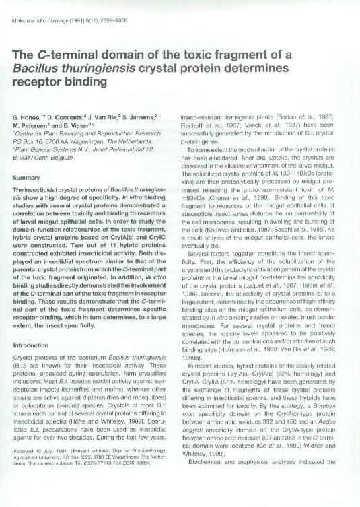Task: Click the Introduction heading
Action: coord(33,345)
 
